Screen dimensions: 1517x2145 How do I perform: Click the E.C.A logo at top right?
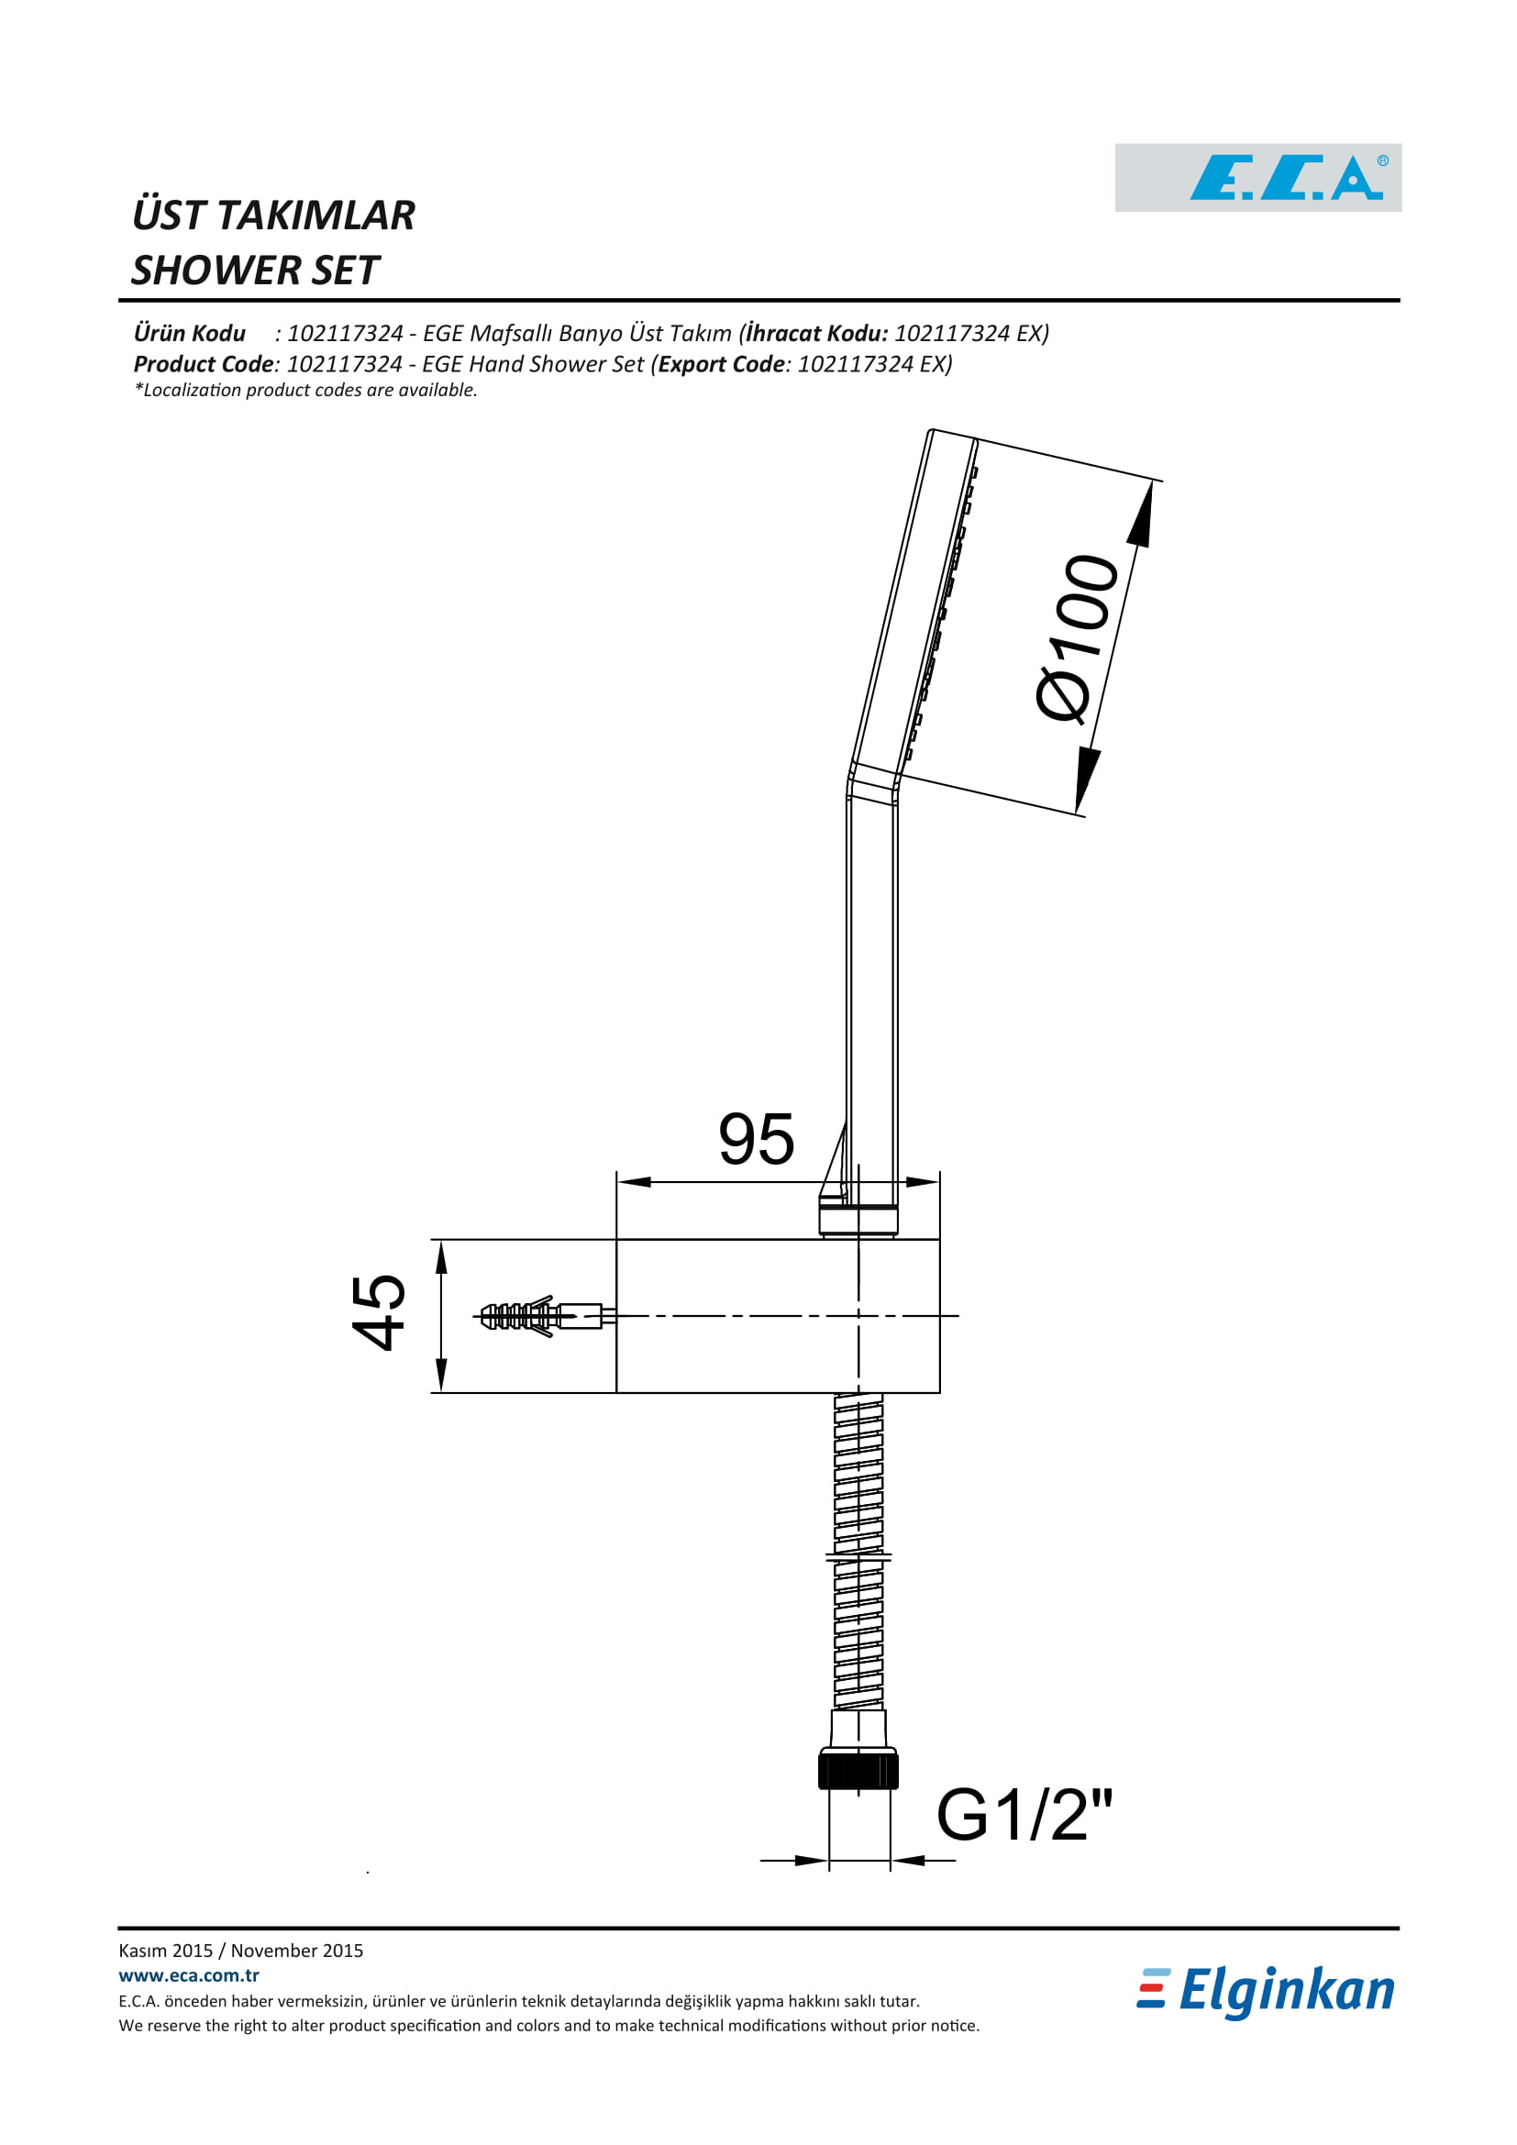point(1257,178)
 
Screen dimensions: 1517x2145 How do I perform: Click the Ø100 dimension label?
point(1077,639)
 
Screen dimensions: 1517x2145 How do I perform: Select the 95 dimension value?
point(756,1139)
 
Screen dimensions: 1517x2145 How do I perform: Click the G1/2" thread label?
point(1024,1814)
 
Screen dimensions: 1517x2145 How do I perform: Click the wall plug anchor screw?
point(544,1316)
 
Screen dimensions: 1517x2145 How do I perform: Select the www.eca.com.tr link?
point(189,1976)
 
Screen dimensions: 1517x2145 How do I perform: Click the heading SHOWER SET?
point(255,271)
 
